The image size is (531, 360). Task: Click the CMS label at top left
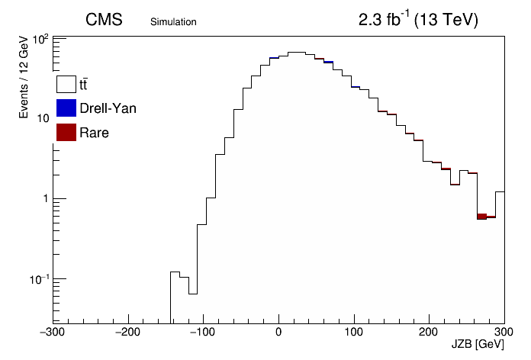coord(104,20)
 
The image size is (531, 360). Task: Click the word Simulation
coord(173,22)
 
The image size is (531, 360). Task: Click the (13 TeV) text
coord(446,20)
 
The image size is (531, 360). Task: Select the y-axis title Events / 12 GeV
coord(24,76)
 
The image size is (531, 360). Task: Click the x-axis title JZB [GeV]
coord(478,344)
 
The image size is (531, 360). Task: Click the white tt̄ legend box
coord(66,84)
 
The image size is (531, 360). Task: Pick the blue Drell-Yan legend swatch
coord(66,108)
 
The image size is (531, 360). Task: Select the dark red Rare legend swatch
coord(66,132)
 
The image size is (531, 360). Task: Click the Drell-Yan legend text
coord(108,108)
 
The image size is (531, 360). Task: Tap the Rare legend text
coord(94,133)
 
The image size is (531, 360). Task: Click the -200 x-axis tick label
coord(127,332)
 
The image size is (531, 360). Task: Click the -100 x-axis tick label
coord(202,332)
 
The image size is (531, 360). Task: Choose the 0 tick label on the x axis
coord(278,332)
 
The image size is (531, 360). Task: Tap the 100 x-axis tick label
coord(353,332)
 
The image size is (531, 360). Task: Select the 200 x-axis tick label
coord(429,332)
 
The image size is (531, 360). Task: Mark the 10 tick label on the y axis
coord(42,118)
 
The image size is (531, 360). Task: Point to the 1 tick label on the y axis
coord(46,198)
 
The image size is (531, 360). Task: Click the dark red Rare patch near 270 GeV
coord(482,217)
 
